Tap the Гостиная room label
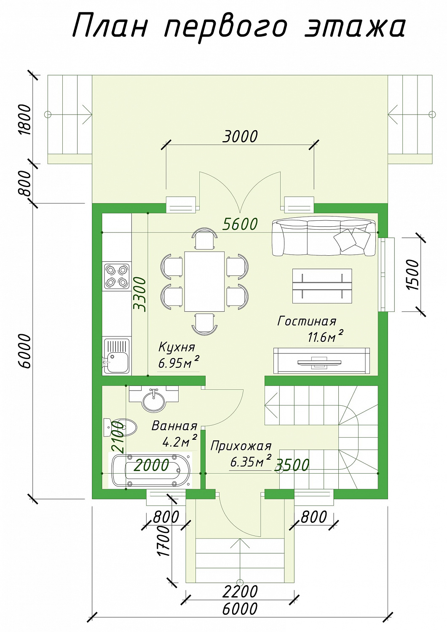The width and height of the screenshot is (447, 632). tap(307, 321)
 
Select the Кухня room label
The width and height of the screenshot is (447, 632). tap(177, 347)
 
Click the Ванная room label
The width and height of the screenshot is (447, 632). tap(174, 426)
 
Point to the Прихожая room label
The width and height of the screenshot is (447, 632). tap(241, 446)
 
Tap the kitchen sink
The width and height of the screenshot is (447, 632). tap(117, 356)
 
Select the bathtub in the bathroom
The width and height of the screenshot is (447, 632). tap(151, 470)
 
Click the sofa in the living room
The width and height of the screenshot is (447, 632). tap(324, 238)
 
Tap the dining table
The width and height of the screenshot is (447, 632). tap(204, 281)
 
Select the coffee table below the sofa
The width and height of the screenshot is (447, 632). tap(322, 286)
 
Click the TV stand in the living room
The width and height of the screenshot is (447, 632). tap(321, 361)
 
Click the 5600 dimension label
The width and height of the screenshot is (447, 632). tap(240, 224)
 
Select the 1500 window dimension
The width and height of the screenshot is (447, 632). tap(412, 275)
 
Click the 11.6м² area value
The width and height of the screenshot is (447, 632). tap(325, 337)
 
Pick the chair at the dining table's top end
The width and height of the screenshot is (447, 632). tap(205, 239)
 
